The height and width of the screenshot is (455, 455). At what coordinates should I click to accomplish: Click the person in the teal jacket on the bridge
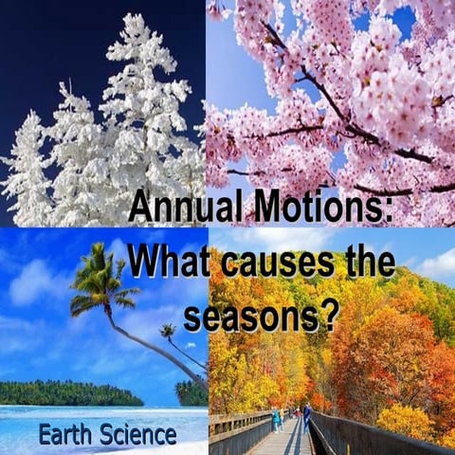276,417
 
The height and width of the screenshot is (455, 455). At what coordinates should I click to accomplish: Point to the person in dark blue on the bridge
306,415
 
